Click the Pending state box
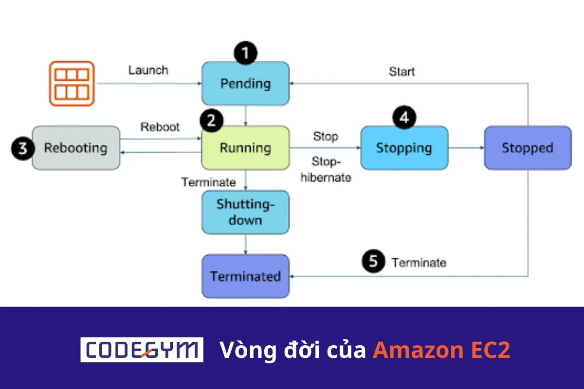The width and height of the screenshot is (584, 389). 245,83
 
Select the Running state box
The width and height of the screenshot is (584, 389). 245,148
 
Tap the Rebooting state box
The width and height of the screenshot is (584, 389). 76,148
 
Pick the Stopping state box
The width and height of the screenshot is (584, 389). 404,148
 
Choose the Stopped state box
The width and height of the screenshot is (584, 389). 528,148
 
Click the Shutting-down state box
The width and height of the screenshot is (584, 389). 245,212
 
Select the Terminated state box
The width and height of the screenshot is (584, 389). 245,276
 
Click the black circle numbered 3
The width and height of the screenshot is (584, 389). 23,148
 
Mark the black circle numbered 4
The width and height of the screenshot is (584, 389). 404,117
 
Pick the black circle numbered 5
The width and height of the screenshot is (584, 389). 373,262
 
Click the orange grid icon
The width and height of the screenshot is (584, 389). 72,83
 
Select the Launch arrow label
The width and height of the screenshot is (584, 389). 148,70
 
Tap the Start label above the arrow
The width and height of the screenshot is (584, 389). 402,72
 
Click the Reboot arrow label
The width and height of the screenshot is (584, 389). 160,127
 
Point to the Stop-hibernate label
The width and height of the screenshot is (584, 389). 326,170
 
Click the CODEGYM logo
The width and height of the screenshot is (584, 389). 142,350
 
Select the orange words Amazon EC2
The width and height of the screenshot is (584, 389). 441,350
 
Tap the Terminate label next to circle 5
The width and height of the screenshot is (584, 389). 419,263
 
